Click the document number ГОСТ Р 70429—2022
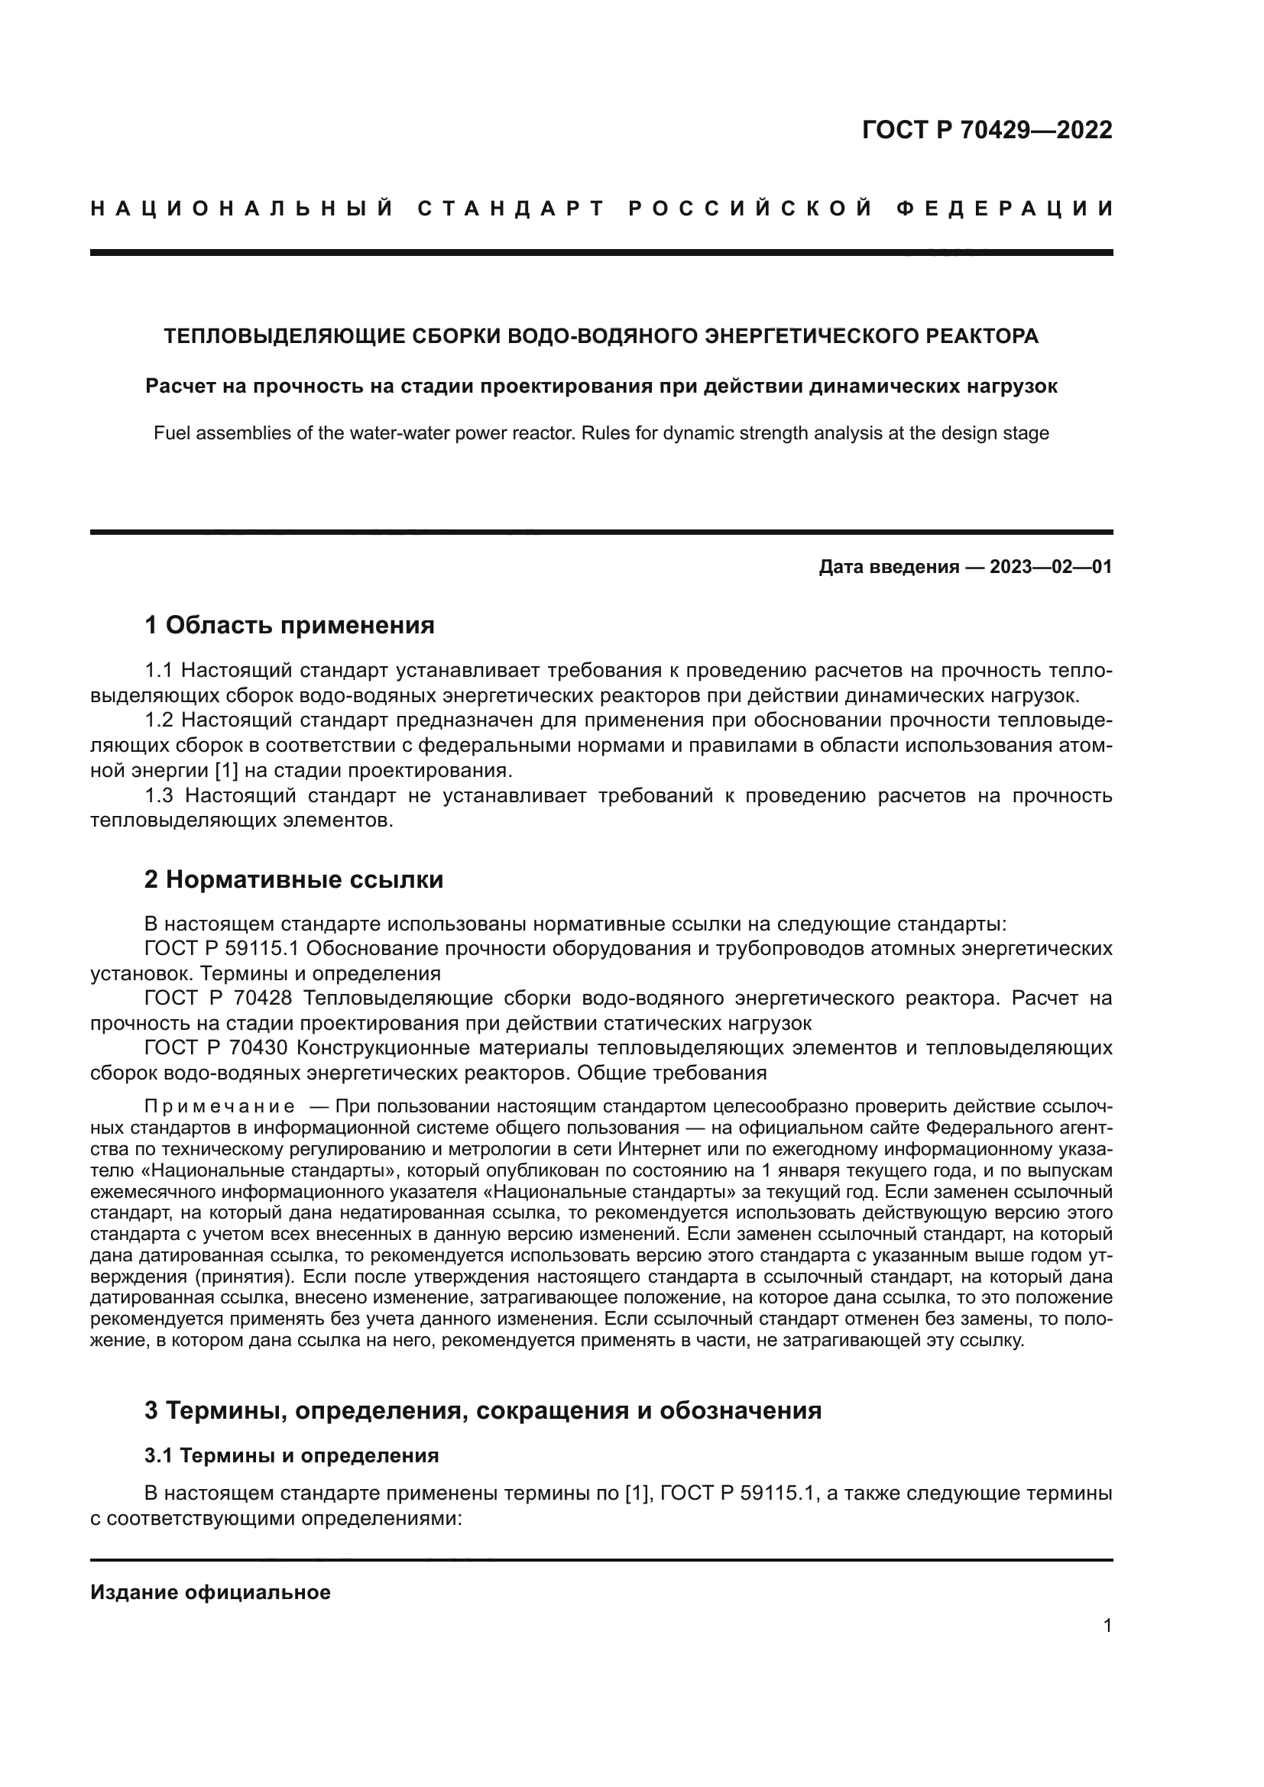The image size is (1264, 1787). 987,130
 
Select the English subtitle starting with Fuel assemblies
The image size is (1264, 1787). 601,432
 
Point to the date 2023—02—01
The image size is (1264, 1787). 1051,567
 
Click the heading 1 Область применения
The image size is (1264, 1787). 289,624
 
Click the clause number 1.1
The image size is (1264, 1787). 160,670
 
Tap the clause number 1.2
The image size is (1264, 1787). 160,720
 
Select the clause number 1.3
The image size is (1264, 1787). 160,795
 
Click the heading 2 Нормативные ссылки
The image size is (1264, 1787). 293,879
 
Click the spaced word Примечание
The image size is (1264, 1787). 219,1107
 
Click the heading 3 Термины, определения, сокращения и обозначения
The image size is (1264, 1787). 482,1410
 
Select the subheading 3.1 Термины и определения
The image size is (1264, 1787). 291,1455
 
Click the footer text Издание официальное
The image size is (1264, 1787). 210,1592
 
